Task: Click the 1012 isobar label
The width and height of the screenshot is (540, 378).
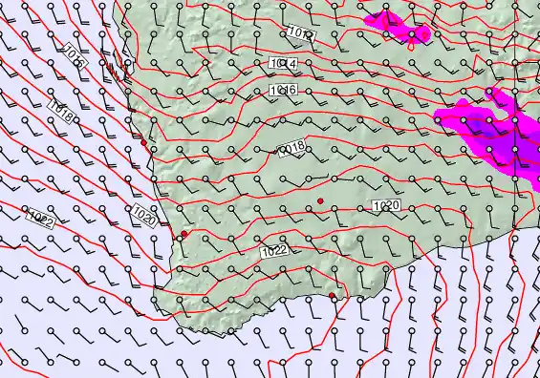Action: point(299,34)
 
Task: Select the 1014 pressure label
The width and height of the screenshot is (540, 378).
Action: point(284,64)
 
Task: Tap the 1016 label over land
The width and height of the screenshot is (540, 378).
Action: point(283,90)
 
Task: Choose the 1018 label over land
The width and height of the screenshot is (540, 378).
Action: point(291,148)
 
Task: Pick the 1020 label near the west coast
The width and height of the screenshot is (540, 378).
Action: point(144,214)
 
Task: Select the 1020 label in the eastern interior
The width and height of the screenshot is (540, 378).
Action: point(385,206)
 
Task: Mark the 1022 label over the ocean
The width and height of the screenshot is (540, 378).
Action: point(41,218)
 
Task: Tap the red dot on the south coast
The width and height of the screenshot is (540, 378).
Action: point(333,296)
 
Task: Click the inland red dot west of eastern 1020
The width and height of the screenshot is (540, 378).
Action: point(321,199)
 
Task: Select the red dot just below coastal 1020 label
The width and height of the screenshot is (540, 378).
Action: point(184,234)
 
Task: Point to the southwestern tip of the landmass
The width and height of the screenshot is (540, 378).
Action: point(164,286)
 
